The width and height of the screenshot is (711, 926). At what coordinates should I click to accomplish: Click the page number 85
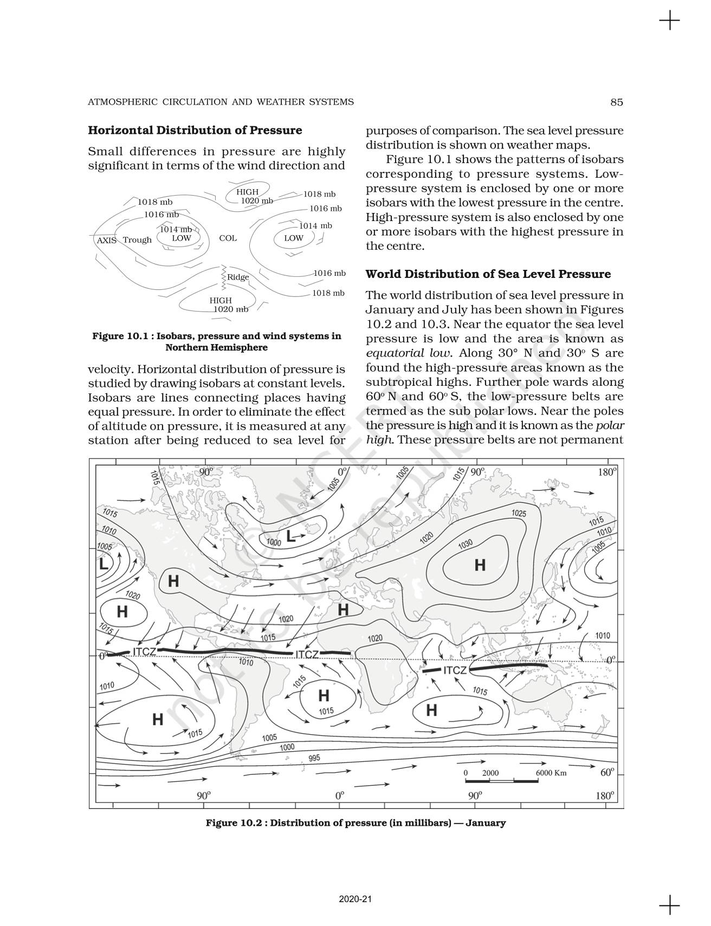(616, 102)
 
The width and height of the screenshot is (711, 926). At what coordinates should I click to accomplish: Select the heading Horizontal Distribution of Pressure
(195, 131)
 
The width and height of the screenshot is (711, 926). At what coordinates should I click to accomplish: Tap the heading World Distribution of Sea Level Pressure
(488, 274)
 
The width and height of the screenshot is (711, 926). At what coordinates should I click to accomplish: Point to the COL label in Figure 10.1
(228, 238)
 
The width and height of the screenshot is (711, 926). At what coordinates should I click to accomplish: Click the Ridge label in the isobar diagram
(238, 277)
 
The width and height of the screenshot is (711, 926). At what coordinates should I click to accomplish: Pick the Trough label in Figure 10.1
(137, 240)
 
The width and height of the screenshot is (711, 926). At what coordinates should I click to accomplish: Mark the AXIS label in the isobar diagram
(106, 240)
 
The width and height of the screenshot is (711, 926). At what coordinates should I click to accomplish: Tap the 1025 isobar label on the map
(519, 513)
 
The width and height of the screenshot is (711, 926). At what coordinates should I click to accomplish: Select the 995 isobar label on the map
(314, 757)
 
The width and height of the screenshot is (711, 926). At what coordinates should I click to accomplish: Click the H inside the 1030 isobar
(480, 565)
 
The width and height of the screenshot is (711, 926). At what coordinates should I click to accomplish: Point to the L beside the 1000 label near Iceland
(291, 537)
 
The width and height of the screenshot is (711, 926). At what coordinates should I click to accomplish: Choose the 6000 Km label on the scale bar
(551, 773)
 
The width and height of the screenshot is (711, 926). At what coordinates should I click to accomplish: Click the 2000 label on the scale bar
(490, 773)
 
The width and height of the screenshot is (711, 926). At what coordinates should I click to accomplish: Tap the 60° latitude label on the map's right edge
(607, 772)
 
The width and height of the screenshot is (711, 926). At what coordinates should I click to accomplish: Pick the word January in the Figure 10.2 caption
(485, 823)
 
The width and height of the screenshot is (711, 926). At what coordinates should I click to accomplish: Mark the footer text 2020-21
(355, 899)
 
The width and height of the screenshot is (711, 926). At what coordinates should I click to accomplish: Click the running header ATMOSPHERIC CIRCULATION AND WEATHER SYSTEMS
(221, 102)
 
